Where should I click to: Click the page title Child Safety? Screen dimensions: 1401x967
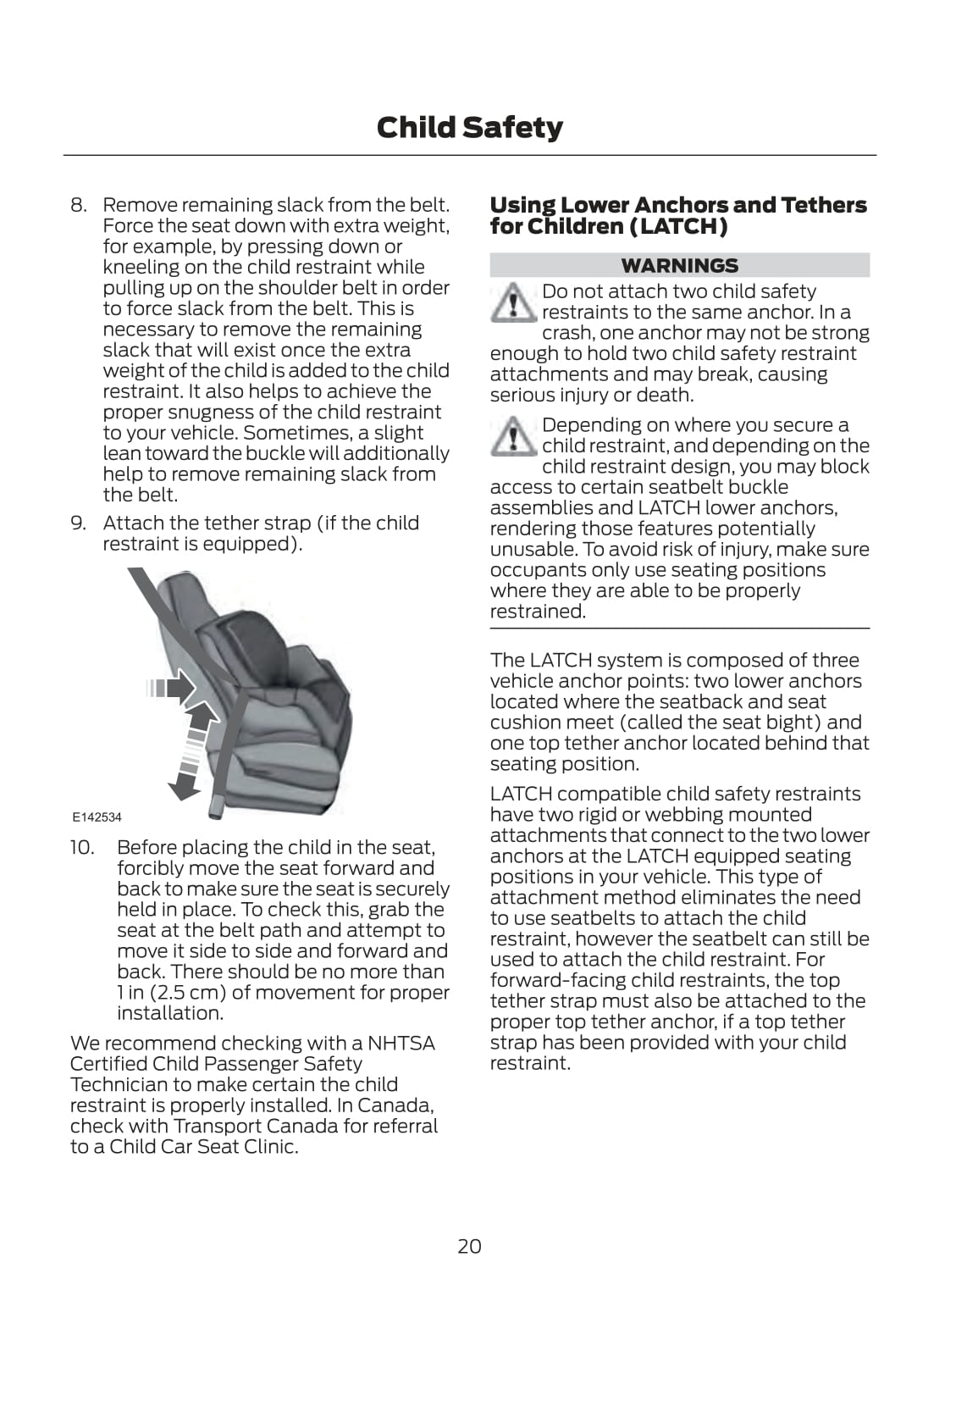[469, 128]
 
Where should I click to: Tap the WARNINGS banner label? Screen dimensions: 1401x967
[679, 266]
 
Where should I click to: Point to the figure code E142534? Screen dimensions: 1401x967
[97, 817]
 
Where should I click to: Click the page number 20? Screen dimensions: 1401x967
[469, 1246]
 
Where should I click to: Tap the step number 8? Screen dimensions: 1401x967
[78, 206]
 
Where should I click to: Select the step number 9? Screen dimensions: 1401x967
[78, 523]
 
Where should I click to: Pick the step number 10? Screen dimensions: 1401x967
[83, 848]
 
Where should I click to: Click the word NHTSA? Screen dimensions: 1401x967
[401, 1044]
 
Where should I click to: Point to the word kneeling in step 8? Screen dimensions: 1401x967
[140, 268]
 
